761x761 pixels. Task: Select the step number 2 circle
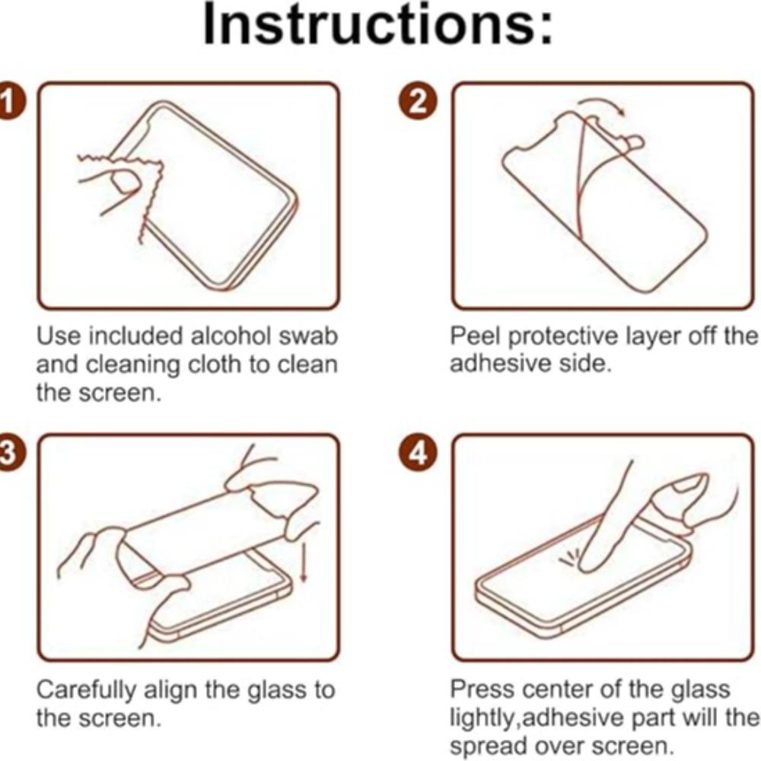click(x=418, y=102)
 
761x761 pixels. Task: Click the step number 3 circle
click(x=8, y=454)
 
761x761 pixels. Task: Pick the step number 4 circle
click(x=418, y=454)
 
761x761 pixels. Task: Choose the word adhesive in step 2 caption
click(x=495, y=363)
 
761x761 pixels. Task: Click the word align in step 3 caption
click(x=178, y=690)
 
